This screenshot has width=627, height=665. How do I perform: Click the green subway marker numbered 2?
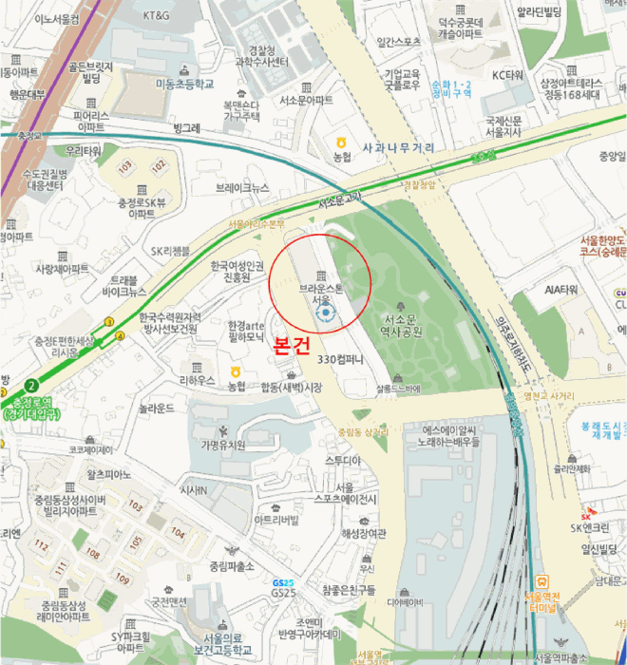point(31,385)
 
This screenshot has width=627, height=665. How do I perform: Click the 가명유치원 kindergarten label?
point(222,445)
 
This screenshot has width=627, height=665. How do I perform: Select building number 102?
point(159,165)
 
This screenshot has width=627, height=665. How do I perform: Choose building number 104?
point(178,533)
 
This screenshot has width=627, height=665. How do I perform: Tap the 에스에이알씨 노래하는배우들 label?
point(438,436)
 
